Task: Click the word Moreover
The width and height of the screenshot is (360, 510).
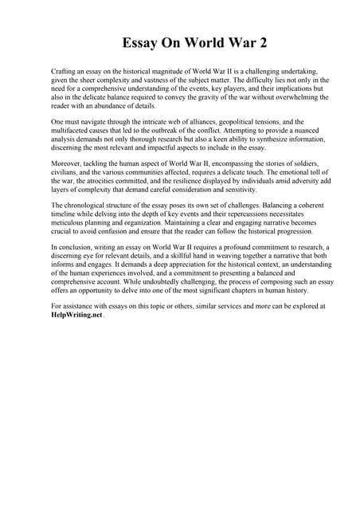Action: (x=68, y=163)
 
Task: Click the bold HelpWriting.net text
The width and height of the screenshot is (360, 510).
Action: (x=76, y=315)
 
